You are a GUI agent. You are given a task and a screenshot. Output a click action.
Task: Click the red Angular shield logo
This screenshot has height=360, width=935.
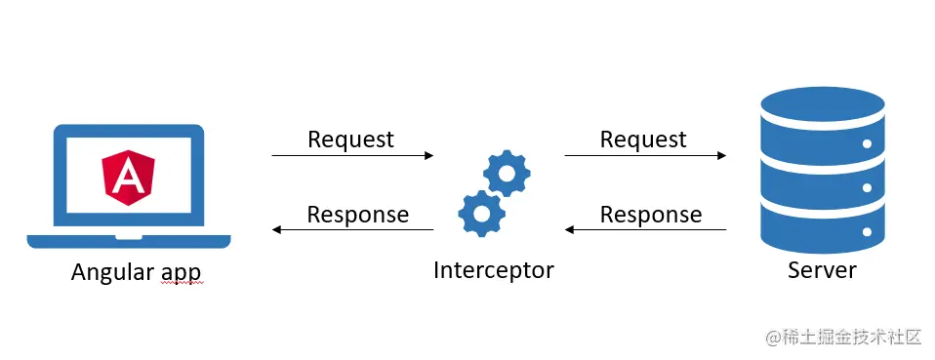[x=129, y=178]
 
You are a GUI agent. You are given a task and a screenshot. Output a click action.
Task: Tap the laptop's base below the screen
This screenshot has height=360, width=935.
[x=129, y=240]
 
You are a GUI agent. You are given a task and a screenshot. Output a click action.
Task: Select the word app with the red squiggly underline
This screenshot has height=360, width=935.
[x=183, y=273]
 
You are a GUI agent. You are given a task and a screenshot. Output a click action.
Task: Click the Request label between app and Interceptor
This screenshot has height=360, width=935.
[x=350, y=140]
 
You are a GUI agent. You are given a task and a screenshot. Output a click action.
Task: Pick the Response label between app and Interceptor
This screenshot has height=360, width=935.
[x=357, y=215]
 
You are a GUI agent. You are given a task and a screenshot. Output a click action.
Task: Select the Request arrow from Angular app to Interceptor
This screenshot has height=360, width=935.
[x=352, y=155]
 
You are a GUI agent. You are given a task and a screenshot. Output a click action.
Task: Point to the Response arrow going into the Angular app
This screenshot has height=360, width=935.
[x=352, y=230]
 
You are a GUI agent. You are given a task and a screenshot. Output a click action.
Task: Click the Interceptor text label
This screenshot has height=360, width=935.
[x=493, y=270]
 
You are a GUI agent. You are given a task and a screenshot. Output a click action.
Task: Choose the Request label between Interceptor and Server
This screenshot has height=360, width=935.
[x=643, y=140]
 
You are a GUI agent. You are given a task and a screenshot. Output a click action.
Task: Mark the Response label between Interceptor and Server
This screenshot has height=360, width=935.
[x=650, y=215]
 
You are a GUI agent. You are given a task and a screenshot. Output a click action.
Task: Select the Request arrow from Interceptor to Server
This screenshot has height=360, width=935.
[x=645, y=155]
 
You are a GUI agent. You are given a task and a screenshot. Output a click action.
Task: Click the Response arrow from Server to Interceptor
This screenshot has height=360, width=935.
[x=645, y=230]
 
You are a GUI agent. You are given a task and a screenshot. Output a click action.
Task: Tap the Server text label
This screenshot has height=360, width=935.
[x=822, y=270]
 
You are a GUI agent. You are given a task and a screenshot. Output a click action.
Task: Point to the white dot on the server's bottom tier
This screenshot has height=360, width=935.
[x=866, y=233]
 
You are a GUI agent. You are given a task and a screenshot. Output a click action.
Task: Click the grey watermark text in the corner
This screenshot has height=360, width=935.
[x=843, y=338]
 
